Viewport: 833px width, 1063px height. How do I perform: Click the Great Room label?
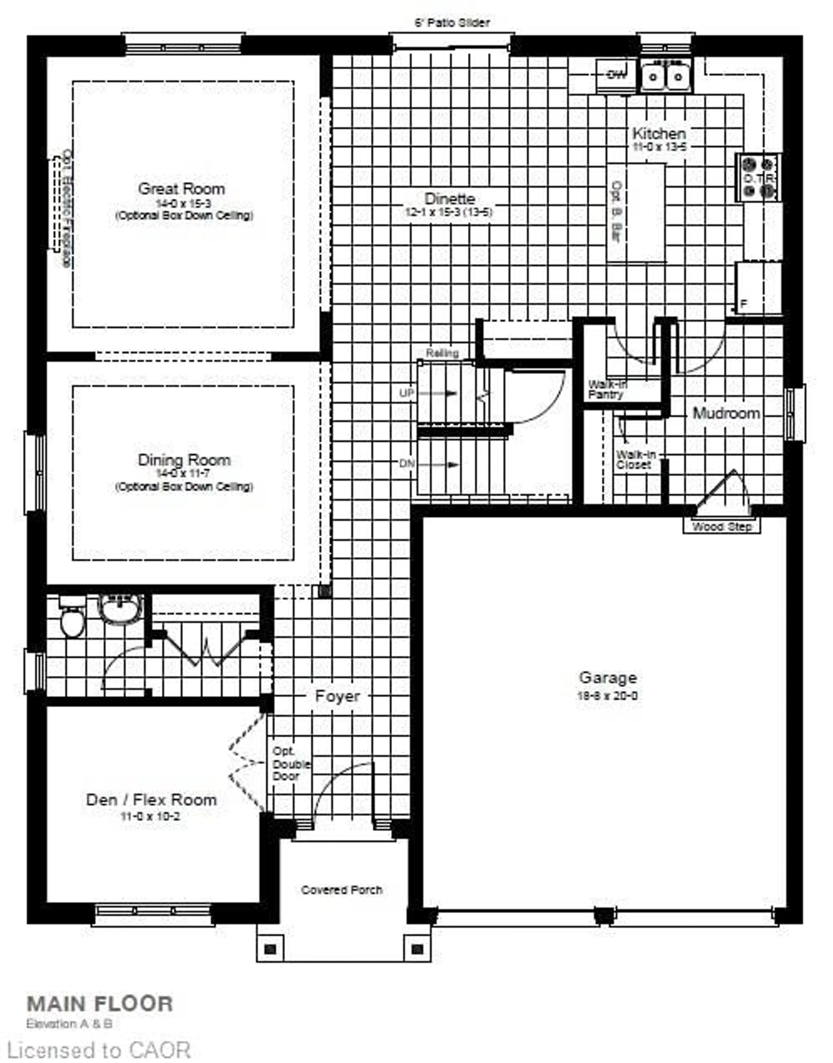pyautogui.click(x=181, y=189)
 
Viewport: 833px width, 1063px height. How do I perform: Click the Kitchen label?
pyautogui.click(x=659, y=133)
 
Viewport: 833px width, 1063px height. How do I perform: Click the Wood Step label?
pyautogui.click(x=721, y=527)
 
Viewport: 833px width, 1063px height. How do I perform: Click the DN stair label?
pyautogui.click(x=407, y=464)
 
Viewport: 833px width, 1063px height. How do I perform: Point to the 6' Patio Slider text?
pyautogui.click(x=452, y=22)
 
